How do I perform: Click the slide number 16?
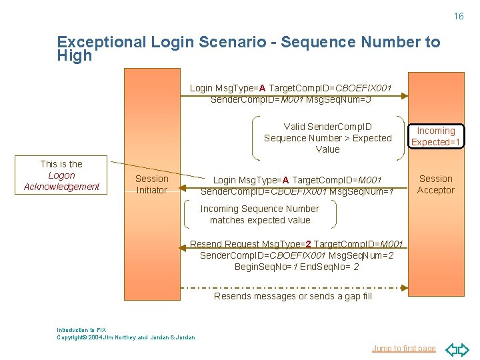pos(459,16)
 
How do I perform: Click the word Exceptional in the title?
pos(101,42)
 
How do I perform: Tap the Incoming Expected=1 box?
pos(436,137)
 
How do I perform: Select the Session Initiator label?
pos(152,184)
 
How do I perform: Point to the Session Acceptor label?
pos(436,184)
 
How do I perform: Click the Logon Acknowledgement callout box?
pos(61,175)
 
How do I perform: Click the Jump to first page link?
pos(404,348)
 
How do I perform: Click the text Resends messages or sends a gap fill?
pos(292,296)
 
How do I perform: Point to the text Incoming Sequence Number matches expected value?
pos(260,214)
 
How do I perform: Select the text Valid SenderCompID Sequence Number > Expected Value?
pos(328,138)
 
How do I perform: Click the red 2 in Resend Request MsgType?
pos(308,244)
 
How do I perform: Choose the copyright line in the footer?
pos(127,337)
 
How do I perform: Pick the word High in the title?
pos(75,56)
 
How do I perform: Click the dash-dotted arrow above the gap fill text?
pos(293,287)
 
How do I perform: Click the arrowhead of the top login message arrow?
pos(404,96)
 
